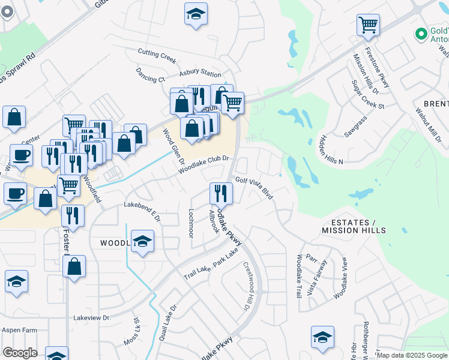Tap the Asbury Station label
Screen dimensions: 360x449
200,74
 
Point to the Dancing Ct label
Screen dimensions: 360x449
150,78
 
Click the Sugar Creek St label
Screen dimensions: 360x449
368,95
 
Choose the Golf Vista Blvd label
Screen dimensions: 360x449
255,187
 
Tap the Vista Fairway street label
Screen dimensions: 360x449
318,276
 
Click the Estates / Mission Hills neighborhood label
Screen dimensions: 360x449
353,226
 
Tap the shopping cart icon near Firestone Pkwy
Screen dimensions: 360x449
368,25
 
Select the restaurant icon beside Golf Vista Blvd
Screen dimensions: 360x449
220,193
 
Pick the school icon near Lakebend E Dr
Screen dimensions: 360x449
142,242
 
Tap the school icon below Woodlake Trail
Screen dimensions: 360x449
322,337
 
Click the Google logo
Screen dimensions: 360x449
20,353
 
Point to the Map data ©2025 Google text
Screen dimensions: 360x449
411,355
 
